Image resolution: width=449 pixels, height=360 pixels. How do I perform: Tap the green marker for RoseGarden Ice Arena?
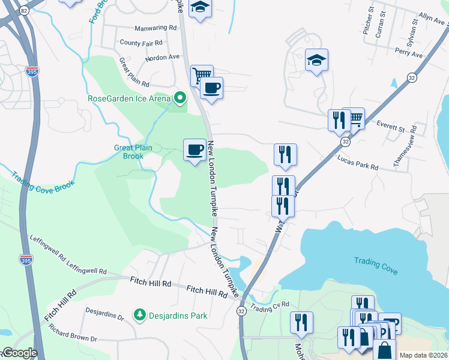pyautogui.click(x=179, y=98)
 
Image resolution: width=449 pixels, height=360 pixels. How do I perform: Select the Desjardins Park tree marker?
pyautogui.click(x=140, y=314)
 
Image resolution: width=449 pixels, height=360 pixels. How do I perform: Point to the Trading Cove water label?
pyautogui.click(x=376, y=266)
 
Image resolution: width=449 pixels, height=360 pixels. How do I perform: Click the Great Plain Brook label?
pyautogui.click(x=133, y=152)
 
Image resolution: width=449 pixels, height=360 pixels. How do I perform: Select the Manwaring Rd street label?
pyautogui.click(x=156, y=28)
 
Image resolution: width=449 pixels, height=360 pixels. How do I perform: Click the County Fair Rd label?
pyautogui.click(x=141, y=43)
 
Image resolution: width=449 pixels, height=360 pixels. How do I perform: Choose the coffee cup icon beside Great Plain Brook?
pyautogui.click(x=194, y=149)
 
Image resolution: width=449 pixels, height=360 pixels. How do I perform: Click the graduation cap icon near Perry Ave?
pyautogui.click(x=316, y=60)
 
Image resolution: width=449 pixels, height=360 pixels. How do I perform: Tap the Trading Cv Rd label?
pyautogui.click(x=270, y=307)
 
